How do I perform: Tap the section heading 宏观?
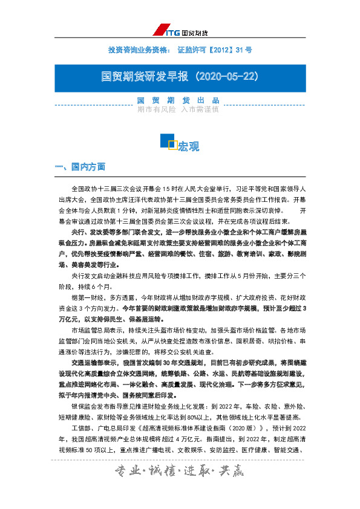pyautogui.click(x=188, y=146)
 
